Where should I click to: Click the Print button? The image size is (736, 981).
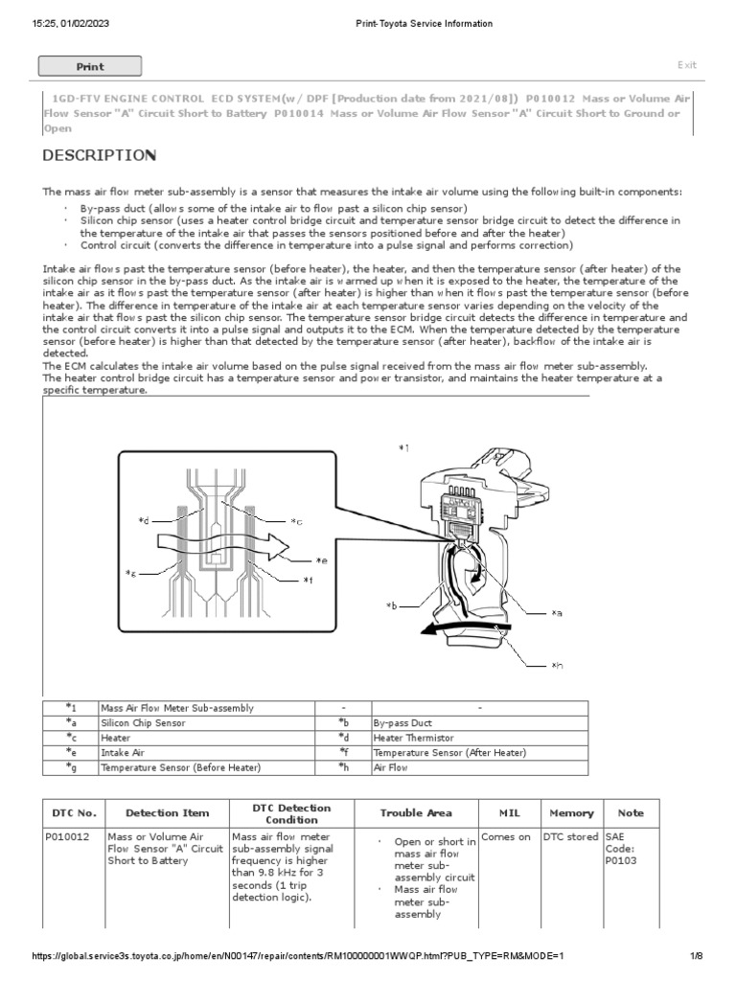(x=89, y=66)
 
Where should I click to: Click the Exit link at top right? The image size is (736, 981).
(x=686, y=65)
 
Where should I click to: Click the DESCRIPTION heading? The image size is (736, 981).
(x=100, y=155)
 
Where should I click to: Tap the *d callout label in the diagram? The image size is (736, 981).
(x=144, y=520)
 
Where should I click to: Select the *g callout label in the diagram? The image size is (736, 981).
(x=131, y=573)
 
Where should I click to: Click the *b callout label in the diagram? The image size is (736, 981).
(x=391, y=605)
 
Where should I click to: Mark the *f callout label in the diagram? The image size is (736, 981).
(x=308, y=580)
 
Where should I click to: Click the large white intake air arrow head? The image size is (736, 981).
(x=282, y=546)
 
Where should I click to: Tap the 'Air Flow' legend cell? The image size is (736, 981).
(x=391, y=768)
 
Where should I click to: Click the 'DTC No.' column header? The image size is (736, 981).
(x=74, y=813)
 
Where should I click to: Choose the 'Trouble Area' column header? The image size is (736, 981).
(x=415, y=813)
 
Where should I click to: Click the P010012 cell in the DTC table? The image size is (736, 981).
(x=68, y=837)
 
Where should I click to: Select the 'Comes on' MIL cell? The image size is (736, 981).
(x=506, y=837)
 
